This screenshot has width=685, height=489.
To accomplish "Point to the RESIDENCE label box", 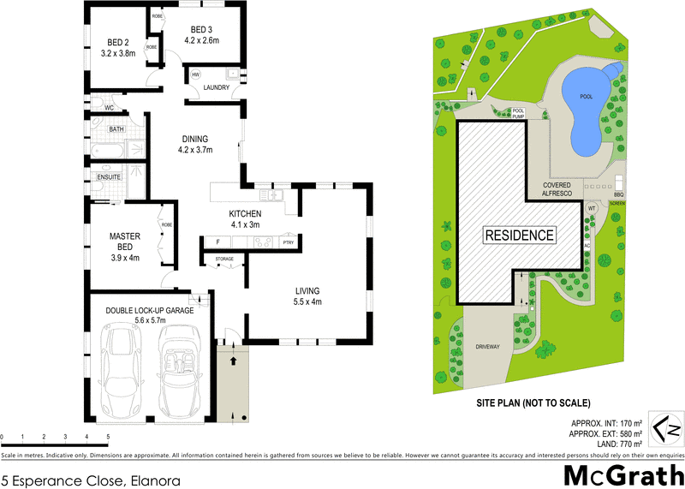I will (520, 235).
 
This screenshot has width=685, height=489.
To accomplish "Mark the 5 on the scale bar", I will (108, 437).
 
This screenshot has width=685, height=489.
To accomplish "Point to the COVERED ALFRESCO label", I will (557, 189).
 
